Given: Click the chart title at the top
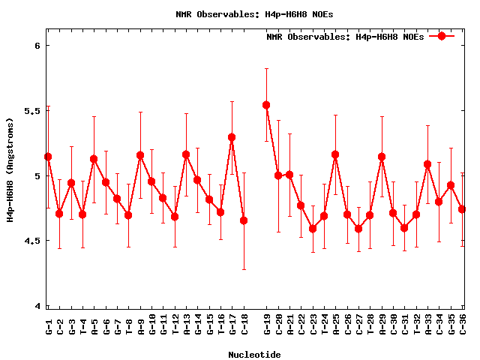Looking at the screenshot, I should pos(254,13).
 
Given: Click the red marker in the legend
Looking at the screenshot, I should pos(442,36).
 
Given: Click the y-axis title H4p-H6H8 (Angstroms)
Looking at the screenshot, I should pos(10,169).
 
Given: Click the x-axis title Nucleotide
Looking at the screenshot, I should pos(255,355).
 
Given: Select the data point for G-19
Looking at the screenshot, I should pos(266,105).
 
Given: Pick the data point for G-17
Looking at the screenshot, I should pos(232,137).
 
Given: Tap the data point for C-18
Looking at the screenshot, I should pos(244,220).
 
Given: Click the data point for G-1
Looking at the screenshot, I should pos(48,157).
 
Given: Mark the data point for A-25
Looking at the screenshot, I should pos(335,154).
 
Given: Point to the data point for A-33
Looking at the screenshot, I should pos(427,164).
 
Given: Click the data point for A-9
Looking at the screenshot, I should pos(140,155).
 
